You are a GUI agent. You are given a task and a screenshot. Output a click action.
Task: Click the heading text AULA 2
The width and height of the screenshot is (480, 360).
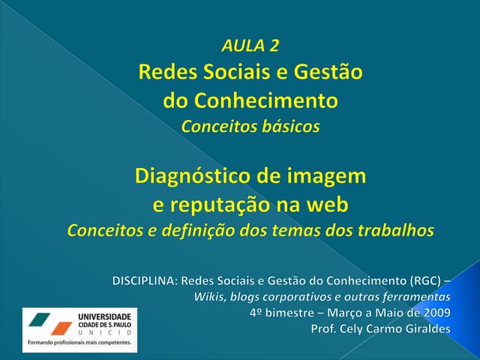(250, 46)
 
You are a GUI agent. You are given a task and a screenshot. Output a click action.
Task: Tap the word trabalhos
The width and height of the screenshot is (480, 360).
(396, 230)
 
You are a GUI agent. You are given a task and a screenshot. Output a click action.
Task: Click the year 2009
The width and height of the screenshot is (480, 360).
(436, 312)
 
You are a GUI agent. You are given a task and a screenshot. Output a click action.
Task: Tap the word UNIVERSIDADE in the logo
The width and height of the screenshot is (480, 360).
(104, 316)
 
